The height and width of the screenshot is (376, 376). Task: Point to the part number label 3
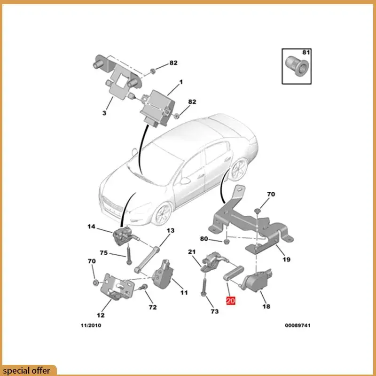point(104,113)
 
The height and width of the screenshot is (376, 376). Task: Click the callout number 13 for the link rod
point(170,231)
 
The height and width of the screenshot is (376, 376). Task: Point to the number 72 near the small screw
point(152,307)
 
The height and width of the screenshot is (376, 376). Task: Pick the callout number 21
point(191,252)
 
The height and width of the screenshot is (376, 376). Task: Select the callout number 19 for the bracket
point(286,259)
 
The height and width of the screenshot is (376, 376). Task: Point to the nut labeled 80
point(226,242)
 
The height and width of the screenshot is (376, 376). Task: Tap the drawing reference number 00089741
point(298,325)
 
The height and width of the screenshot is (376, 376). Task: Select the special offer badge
point(28,370)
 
